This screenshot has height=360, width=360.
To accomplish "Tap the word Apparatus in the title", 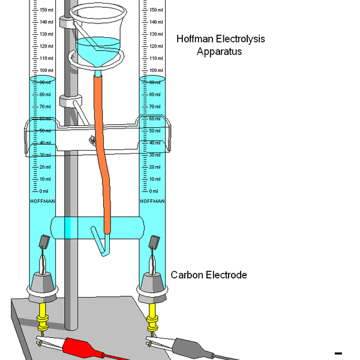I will (219, 52).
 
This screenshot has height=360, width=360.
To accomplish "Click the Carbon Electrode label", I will (209, 275).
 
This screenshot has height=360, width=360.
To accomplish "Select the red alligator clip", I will (84, 347).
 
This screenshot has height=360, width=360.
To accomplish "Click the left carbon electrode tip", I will (44, 242).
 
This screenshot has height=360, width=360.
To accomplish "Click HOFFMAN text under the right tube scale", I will (152, 201).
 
